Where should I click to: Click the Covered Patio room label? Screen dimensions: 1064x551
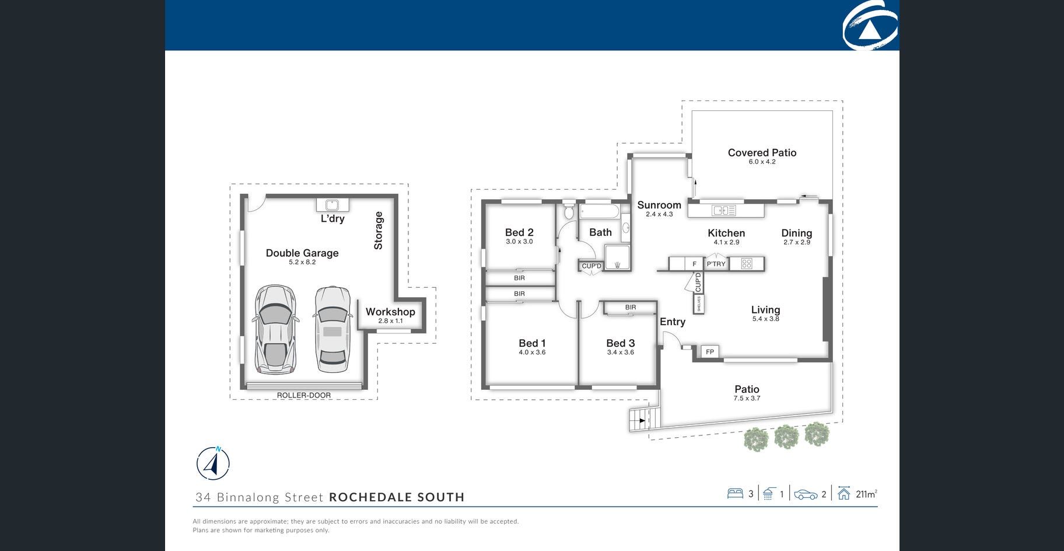pos(762,152)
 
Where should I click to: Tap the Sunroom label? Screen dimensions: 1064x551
pos(659,205)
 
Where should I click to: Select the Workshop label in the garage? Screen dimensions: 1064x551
pos(390,312)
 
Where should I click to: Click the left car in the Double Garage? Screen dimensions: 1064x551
pos(276,329)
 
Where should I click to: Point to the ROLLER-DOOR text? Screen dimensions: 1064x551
pos(304,395)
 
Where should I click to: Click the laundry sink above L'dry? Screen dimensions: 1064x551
pos(332,205)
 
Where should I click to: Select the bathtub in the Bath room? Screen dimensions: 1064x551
pos(600,211)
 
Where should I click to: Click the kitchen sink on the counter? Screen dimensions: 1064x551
pos(724,210)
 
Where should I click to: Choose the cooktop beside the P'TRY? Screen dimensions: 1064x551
pos(747,264)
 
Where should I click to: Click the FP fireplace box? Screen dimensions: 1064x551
pos(710,351)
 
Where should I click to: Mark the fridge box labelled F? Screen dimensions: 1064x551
pos(694,264)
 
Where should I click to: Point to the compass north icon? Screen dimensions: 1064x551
pos(213,464)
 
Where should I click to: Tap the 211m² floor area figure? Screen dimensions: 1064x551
pos(866,494)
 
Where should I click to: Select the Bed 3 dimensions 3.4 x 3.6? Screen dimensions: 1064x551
pos(621,353)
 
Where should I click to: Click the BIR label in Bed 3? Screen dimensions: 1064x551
pos(631,307)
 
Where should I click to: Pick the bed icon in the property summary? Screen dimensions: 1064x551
pos(735,494)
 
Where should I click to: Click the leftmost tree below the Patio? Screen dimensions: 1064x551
pos(757,439)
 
